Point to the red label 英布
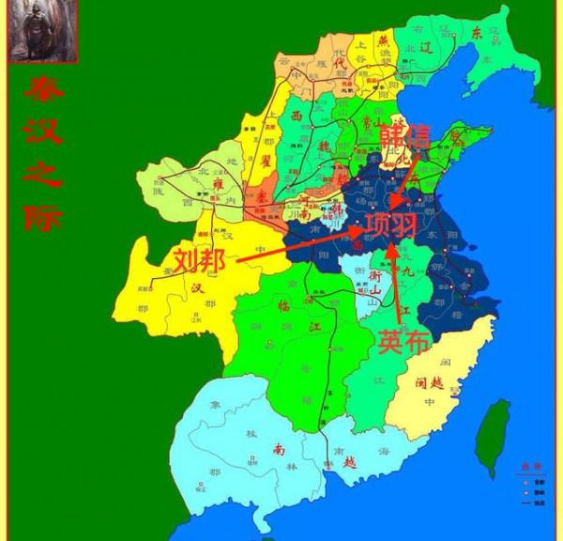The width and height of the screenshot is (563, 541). (x=404, y=342)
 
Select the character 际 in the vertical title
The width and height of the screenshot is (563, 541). (x=44, y=215)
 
